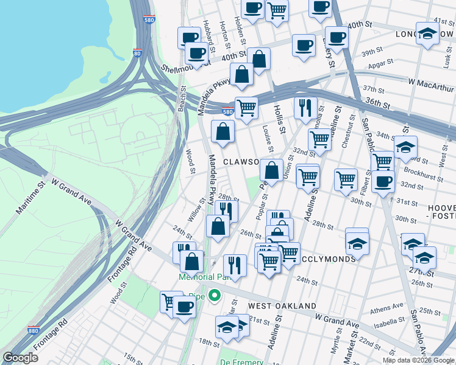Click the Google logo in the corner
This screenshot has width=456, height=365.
21,358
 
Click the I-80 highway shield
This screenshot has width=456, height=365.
138,54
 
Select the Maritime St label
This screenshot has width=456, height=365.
30,199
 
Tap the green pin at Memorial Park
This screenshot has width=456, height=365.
214,296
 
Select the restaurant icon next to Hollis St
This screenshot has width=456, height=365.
305,107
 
